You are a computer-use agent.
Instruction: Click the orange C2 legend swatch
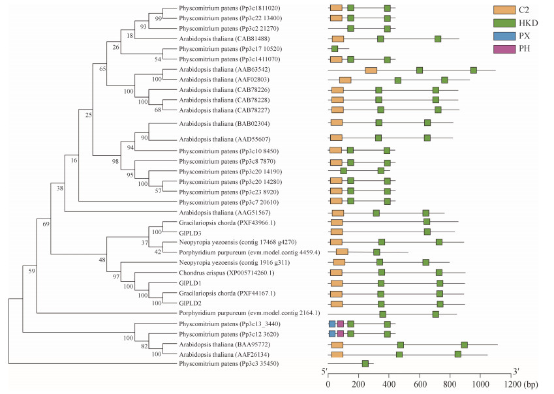504,10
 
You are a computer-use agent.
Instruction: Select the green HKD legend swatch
504,23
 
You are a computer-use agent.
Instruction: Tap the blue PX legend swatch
504,36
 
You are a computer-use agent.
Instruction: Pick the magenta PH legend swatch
504,49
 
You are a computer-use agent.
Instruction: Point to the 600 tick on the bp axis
420,379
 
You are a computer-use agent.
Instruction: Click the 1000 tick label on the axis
480,384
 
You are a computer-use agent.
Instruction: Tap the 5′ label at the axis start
324,371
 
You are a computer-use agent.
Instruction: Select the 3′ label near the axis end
516,371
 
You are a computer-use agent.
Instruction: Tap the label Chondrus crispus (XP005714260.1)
226,273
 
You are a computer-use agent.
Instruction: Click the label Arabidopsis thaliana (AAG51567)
224,213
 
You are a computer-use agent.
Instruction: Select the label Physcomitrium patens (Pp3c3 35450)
228,363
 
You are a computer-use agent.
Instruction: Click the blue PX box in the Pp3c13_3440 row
332,324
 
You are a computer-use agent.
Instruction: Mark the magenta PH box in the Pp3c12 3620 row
340,334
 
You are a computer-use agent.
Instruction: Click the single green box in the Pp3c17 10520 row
335,49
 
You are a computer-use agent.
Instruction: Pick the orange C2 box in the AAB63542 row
371,70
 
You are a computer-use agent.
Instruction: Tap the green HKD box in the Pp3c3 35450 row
365,363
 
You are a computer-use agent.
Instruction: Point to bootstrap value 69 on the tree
46,224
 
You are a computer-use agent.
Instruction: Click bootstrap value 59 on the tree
32,271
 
